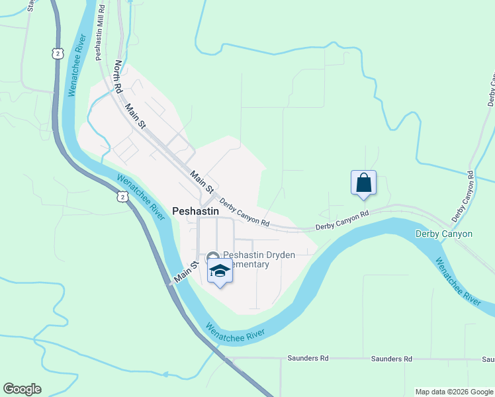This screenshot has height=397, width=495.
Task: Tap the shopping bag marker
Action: [x=363, y=183]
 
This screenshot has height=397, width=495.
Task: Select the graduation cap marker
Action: [x=220, y=271]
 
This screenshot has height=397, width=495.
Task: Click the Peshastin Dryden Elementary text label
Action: [x=246, y=259]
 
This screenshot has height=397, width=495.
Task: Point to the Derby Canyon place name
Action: [x=443, y=234]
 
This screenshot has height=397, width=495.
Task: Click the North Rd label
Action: [x=118, y=75]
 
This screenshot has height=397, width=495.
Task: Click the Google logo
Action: [x=22, y=389]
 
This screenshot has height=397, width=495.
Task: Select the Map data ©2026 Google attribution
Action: [x=453, y=392]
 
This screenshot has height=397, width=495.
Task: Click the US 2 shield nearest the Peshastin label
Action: [x=122, y=197]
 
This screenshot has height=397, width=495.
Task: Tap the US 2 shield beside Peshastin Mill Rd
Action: [x=59, y=52]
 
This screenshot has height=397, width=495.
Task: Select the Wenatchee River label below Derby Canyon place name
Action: [x=457, y=281]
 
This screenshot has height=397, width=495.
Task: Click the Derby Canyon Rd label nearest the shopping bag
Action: [x=341, y=220]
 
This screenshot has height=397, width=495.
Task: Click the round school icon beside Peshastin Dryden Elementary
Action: [x=213, y=257]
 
